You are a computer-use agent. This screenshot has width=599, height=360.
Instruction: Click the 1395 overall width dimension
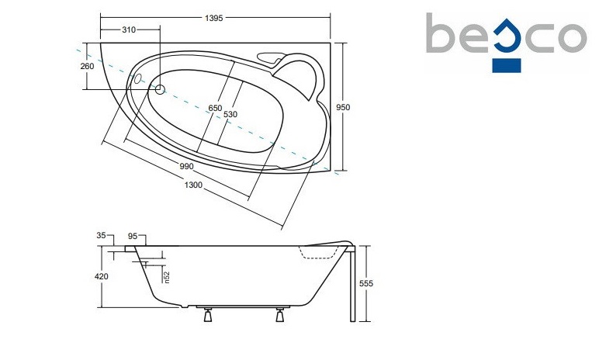click(x=213, y=18)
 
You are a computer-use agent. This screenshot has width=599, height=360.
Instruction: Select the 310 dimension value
click(x=129, y=29)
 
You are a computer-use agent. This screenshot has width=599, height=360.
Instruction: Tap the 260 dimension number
click(x=87, y=66)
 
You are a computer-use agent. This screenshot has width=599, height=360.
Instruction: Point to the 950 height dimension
click(x=343, y=107)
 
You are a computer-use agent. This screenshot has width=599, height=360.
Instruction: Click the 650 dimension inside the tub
click(x=215, y=108)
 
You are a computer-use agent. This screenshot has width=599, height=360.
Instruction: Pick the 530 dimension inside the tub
click(x=230, y=114)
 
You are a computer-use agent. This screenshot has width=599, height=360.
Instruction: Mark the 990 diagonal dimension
click(x=186, y=166)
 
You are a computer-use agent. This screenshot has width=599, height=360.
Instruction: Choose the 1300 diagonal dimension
click(x=193, y=185)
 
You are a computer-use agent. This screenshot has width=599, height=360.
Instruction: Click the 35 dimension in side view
click(x=101, y=235)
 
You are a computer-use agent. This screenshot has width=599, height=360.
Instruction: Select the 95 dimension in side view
click(x=132, y=237)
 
